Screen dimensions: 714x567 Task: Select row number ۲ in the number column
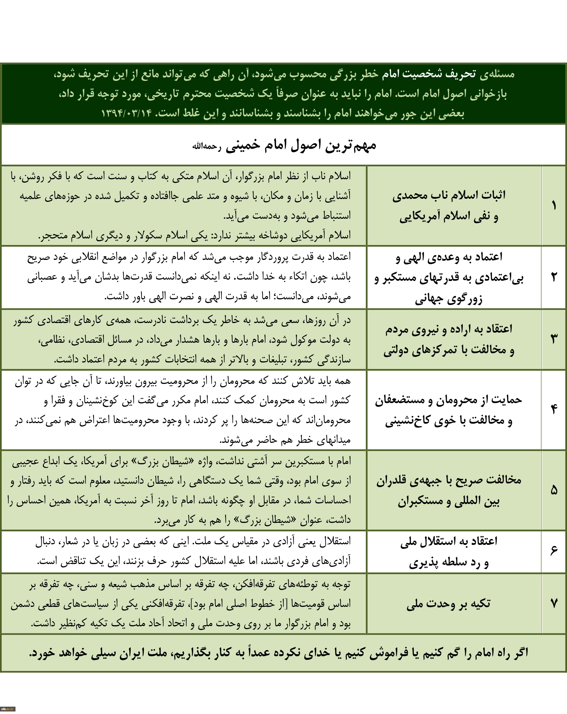(x=553, y=277)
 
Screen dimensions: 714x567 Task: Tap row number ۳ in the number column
(x=553, y=339)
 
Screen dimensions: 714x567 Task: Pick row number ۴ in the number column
(x=553, y=409)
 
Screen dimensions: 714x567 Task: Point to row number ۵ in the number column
(x=553, y=490)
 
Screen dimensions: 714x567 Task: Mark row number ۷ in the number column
(x=553, y=604)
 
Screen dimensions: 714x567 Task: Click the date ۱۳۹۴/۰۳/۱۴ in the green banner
(x=126, y=113)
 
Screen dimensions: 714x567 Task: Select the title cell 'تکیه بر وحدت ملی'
(x=448, y=604)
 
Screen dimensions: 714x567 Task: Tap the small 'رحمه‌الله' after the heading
(x=207, y=146)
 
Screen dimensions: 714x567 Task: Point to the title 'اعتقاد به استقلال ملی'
(x=448, y=541)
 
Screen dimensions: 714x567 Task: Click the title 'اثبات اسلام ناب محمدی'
(x=448, y=195)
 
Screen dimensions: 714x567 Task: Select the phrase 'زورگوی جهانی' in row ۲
(x=448, y=299)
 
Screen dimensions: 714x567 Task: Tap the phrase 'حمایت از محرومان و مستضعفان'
(x=448, y=400)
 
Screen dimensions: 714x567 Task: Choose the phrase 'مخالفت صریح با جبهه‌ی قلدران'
(x=448, y=480)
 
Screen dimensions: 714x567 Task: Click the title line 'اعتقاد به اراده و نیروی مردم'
(x=448, y=329)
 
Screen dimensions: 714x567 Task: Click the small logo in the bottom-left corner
(x=7, y=709)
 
